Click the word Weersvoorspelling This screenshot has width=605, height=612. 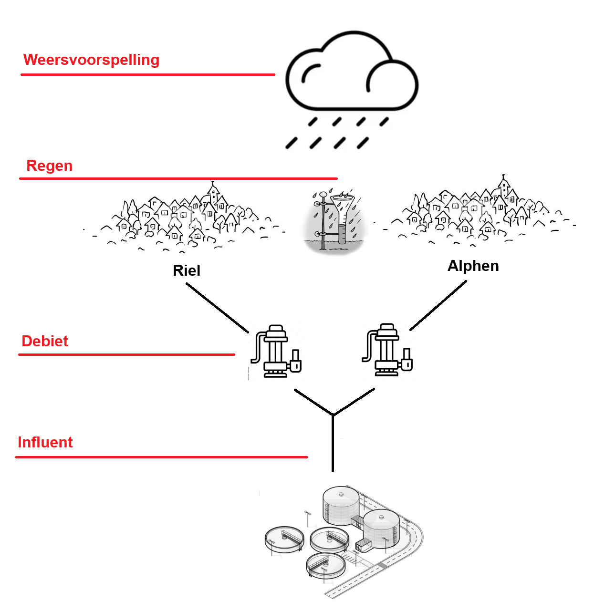tap(91, 60)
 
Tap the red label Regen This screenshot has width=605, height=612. tap(49, 166)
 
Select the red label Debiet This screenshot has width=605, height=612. tap(45, 342)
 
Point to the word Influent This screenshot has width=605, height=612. tap(45, 443)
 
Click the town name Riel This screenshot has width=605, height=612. tap(186, 271)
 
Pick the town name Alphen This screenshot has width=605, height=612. tap(473, 266)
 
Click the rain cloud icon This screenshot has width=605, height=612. tap(352, 76)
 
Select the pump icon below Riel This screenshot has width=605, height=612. tap(276, 352)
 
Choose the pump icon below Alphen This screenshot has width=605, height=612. tap(387, 351)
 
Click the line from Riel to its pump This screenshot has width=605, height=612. tap(217, 308)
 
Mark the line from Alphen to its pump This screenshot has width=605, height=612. tap(438, 305)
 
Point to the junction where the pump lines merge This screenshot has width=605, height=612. tap(333, 415)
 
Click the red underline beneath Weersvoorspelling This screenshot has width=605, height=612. tap(148, 75)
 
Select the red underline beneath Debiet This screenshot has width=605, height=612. tap(126, 355)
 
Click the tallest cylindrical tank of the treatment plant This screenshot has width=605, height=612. tap(341, 506)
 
